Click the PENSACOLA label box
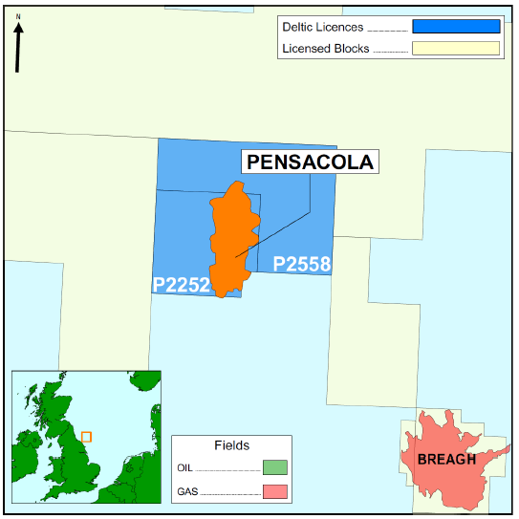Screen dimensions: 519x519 (x=310, y=162)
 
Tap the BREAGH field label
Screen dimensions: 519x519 (x=446, y=460)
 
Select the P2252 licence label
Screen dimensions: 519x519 (x=182, y=284)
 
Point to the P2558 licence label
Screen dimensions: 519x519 (x=302, y=265)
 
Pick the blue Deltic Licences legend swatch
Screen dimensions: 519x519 (x=456, y=27)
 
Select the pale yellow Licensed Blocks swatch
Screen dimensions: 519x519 (x=456, y=48)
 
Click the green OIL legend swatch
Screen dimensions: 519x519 (x=274, y=468)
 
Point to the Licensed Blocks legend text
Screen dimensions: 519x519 (x=325, y=48)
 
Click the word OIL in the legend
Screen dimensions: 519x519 (x=187, y=468)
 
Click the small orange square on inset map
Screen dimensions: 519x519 (x=86, y=437)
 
